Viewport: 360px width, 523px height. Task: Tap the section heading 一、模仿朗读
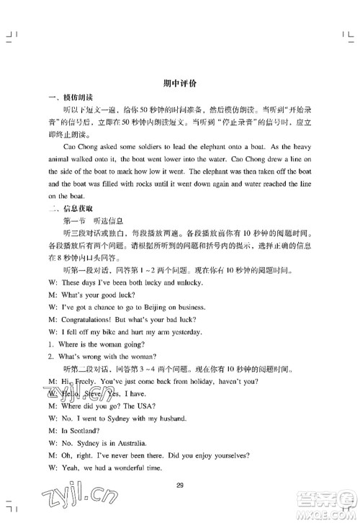[67, 97]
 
